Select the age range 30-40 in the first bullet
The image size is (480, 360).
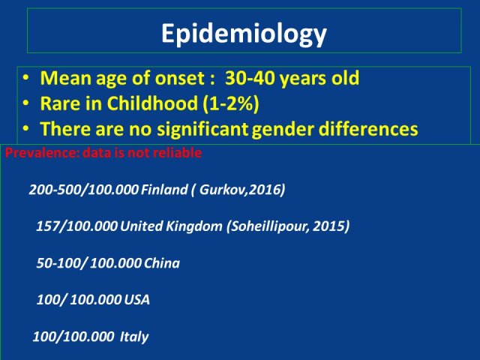(250, 78)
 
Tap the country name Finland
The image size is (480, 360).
(164, 190)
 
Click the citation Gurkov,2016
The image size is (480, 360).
(240, 190)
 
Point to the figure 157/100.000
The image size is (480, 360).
(76, 226)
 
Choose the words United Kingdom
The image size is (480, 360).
(171, 226)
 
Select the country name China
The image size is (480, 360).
(162, 263)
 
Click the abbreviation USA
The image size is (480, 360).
(136, 300)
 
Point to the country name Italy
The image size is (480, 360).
(134, 337)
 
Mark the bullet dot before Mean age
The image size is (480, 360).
(26, 78)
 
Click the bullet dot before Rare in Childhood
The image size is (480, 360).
(26, 103)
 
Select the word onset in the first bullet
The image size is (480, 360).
(179, 78)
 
